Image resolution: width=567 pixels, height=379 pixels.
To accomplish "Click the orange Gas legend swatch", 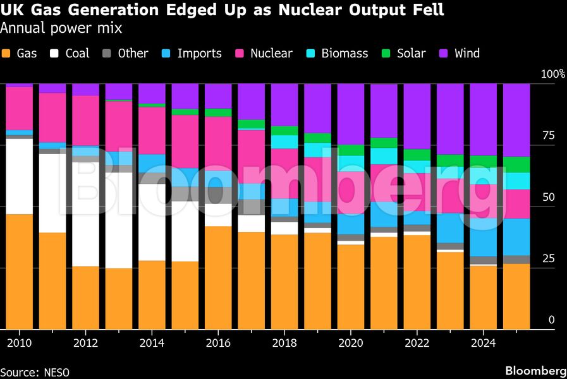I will [x=7, y=54].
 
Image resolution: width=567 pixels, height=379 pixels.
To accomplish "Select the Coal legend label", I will [x=77, y=54].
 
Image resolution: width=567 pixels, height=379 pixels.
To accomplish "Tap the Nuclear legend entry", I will [x=271, y=54].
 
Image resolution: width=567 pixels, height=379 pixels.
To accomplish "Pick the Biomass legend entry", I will [x=344, y=54].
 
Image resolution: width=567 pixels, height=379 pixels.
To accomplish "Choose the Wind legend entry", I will [x=466, y=54].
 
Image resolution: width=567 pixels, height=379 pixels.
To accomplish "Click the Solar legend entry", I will [x=411, y=54].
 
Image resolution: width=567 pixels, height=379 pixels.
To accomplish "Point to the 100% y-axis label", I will [x=552, y=75].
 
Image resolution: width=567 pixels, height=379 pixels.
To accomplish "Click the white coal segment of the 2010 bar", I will [x=19, y=177].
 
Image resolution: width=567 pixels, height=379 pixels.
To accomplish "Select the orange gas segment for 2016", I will [x=218, y=278].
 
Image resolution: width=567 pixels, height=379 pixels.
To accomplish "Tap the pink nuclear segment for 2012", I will [x=85, y=121].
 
